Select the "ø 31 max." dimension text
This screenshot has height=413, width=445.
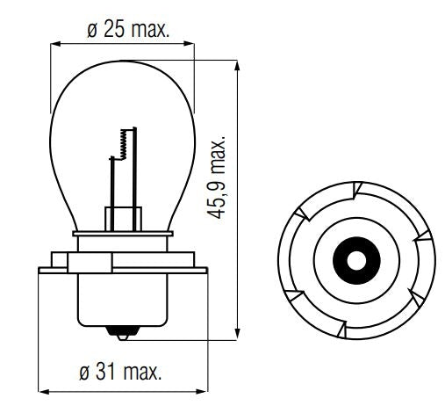[124, 372]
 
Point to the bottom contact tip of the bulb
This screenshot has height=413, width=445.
[121, 334]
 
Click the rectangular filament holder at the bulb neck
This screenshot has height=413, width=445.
[122, 216]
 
